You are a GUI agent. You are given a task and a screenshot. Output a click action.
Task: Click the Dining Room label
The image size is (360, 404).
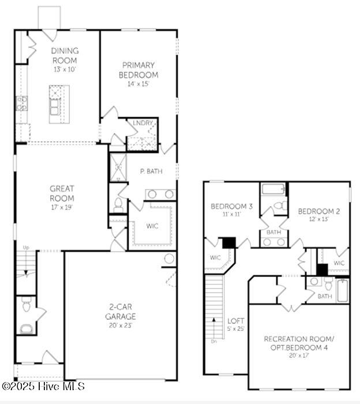65,55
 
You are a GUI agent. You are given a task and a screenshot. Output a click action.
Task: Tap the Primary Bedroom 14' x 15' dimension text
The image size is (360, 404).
138,84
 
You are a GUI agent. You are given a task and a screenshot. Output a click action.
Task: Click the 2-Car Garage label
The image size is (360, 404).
121,312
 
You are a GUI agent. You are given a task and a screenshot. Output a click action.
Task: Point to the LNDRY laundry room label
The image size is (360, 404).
142,123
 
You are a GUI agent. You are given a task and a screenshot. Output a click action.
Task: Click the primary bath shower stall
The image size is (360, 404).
118,167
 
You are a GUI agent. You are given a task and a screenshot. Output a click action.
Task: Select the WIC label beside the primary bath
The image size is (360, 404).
152,226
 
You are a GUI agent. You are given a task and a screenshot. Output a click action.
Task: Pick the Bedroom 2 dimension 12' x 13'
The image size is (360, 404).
318,219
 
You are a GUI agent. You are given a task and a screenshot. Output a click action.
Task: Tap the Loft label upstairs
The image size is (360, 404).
235,321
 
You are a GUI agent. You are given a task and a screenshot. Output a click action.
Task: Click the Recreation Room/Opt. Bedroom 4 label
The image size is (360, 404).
298,342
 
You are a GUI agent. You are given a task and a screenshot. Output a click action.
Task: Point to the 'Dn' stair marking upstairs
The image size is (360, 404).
214,341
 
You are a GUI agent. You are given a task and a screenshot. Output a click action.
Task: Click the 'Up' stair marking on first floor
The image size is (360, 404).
25,248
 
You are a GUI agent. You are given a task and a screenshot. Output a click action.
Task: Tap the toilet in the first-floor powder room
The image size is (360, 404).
27,306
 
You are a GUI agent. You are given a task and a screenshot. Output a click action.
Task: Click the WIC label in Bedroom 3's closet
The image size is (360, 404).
215,257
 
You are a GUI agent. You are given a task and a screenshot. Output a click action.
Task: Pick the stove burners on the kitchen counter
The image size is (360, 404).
21,103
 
